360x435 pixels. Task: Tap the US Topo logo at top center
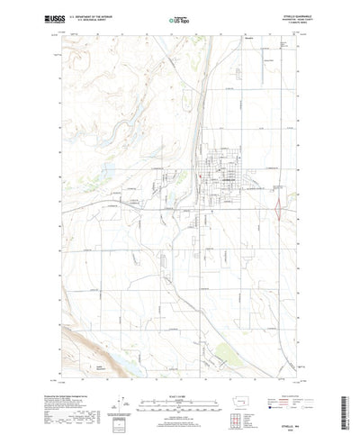point(179,16)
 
